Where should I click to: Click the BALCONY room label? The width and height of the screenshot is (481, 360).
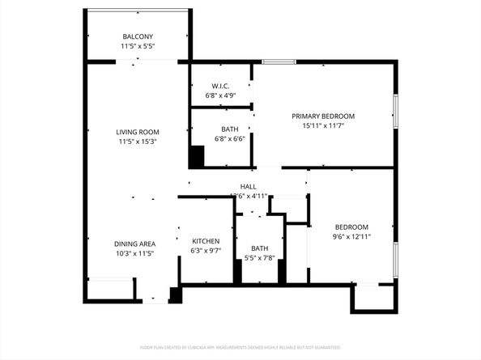pyautogui.click(x=138, y=36)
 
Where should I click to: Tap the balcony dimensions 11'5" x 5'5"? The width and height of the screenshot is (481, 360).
pyautogui.click(x=138, y=47)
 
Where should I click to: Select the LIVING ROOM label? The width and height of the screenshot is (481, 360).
pyautogui.click(x=138, y=132)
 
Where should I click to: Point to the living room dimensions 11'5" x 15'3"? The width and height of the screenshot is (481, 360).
pyautogui.click(x=138, y=142)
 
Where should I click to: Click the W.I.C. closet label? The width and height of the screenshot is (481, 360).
pyautogui.click(x=220, y=86)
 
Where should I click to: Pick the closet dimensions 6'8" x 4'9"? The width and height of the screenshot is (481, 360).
pyautogui.click(x=220, y=95)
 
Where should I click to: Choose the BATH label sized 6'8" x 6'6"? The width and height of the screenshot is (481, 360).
pyautogui.click(x=229, y=129)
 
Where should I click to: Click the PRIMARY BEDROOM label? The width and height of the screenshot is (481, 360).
pyautogui.click(x=323, y=116)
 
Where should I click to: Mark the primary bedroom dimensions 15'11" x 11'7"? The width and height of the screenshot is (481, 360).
pyautogui.click(x=323, y=126)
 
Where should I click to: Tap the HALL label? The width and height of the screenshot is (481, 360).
pyautogui.click(x=248, y=186)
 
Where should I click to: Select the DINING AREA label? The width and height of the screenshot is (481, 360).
pyautogui.click(x=134, y=244)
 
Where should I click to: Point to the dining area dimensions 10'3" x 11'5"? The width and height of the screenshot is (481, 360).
pyautogui.click(x=134, y=253)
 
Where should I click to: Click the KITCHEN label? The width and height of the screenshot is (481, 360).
pyautogui.click(x=206, y=241)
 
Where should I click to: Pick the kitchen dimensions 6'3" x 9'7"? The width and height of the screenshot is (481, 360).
pyautogui.click(x=206, y=251)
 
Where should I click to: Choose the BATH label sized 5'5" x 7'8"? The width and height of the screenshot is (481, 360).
pyautogui.click(x=259, y=248)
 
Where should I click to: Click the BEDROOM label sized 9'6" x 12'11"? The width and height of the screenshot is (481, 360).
pyautogui.click(x=351, y=227)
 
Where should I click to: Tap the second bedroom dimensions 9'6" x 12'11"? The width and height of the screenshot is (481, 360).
pyautogui.click(x=351, y=236)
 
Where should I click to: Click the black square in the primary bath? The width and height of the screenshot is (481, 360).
pyautogui.click(x=197, y=156)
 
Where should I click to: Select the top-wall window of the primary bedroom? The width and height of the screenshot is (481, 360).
pyautogui.click(x=279, y=61)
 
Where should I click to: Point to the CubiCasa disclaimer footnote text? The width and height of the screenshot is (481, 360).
pyautogui.click(x=240, y=347)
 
